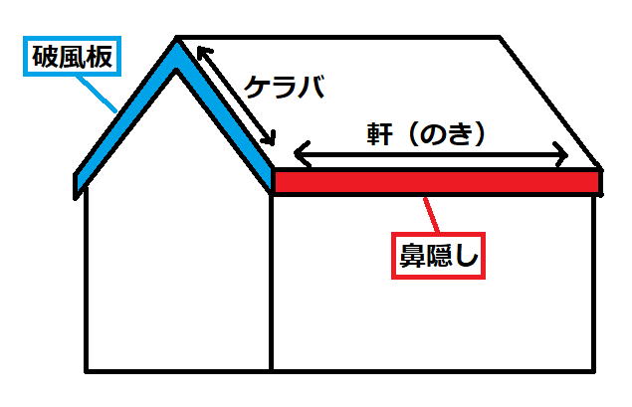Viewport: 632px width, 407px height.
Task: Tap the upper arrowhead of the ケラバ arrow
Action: [x=203, y=51]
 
